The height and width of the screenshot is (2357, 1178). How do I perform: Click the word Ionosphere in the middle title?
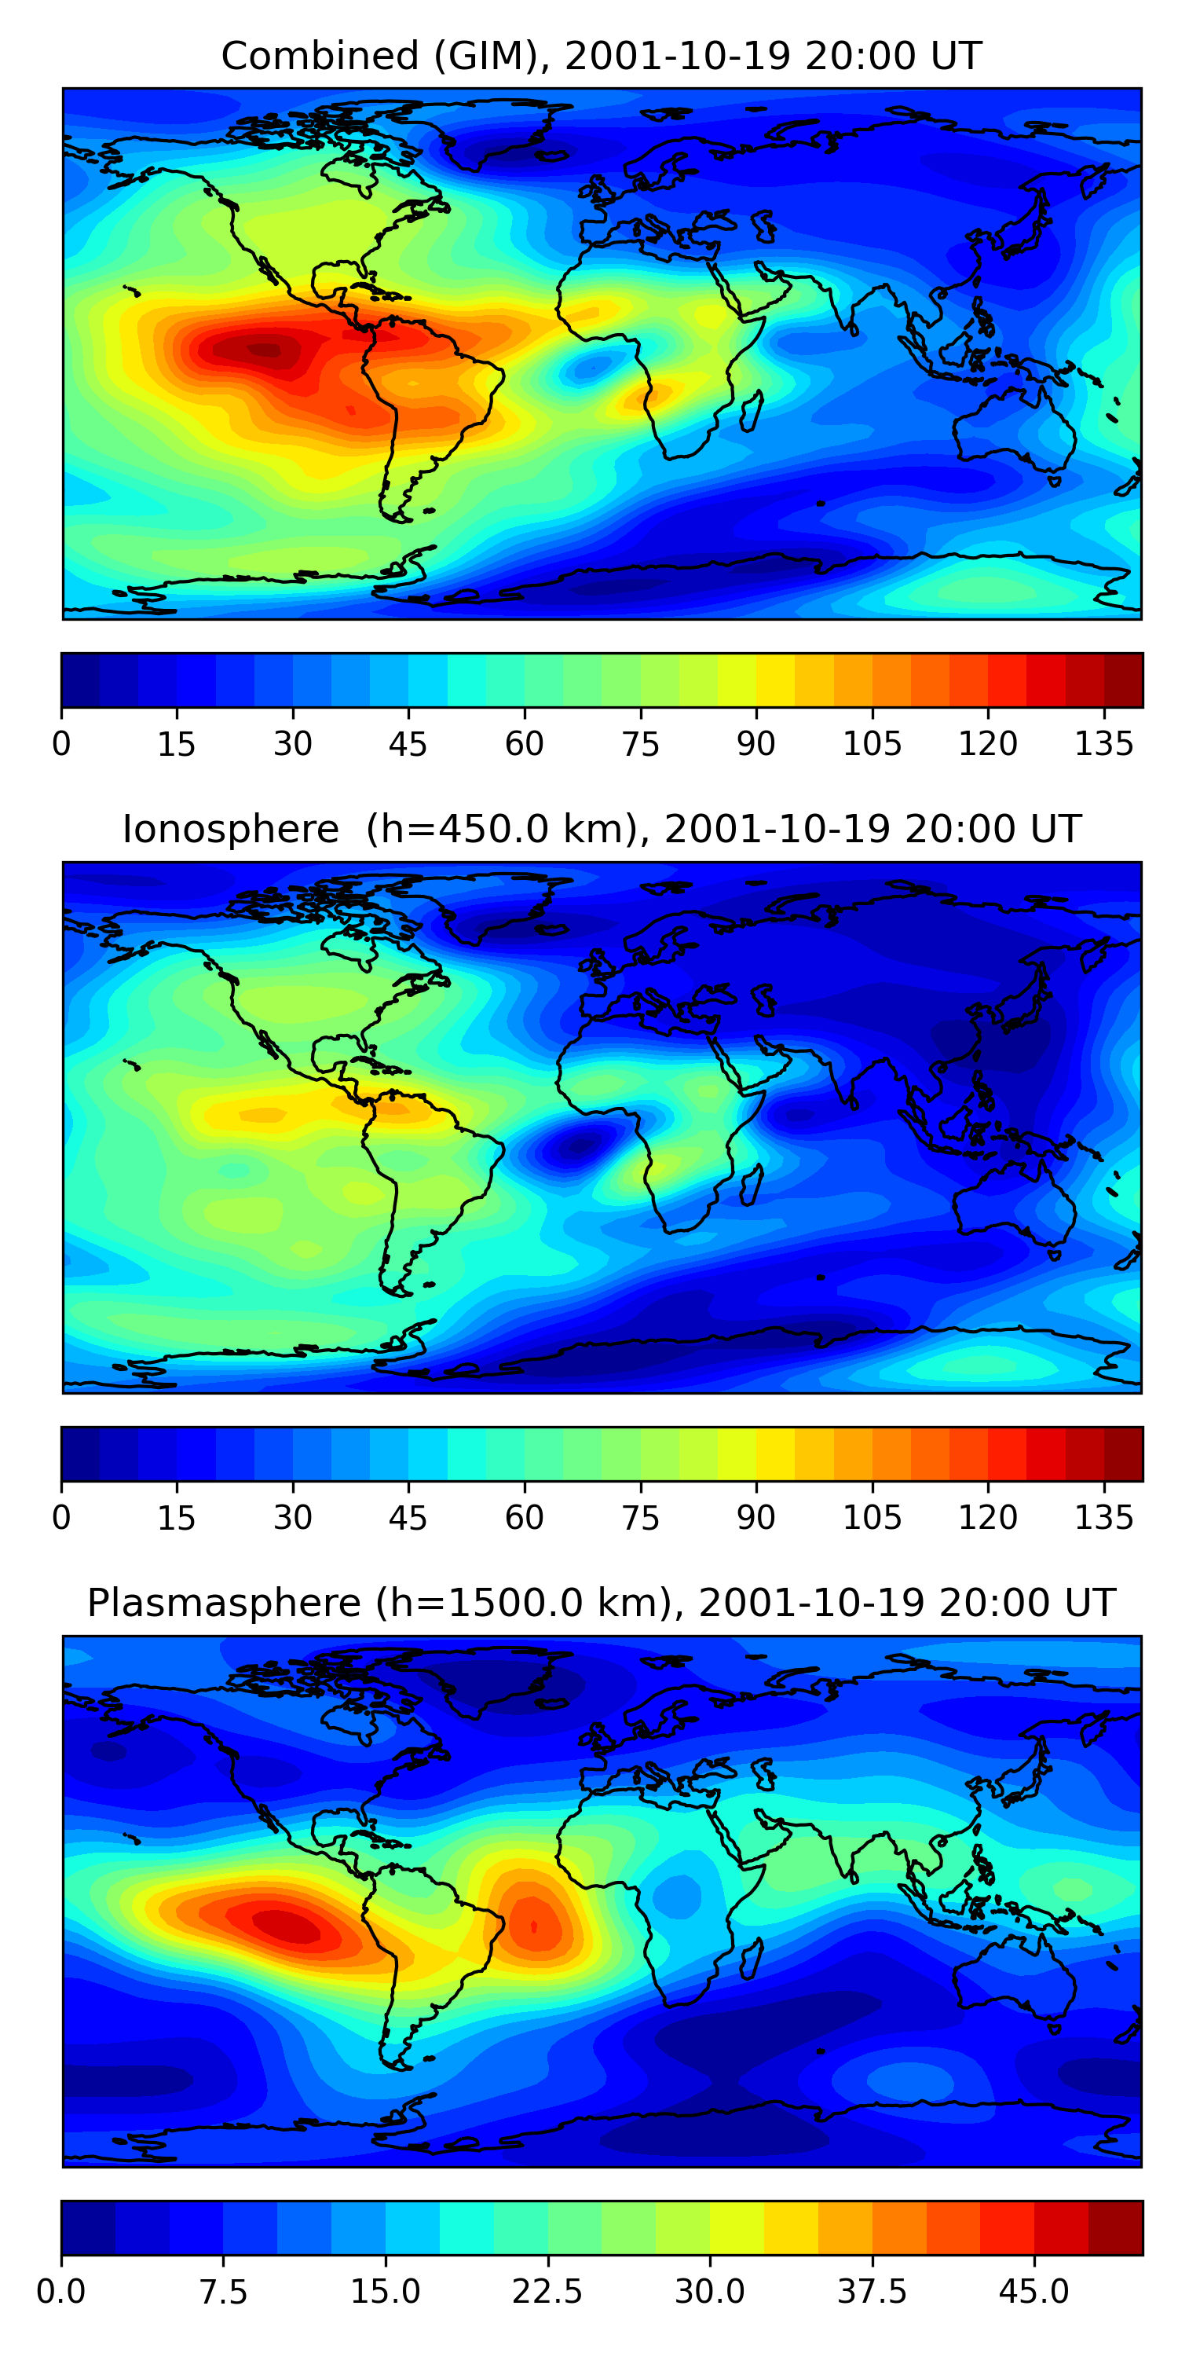coord(230,830)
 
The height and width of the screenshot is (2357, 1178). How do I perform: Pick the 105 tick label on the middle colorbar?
coord(872,1518)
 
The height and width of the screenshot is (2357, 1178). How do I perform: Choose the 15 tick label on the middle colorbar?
coord(177,1518)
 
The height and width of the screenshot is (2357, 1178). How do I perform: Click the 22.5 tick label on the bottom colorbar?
coord(547,2292)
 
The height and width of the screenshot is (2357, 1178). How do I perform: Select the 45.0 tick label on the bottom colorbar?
coord(1033,2292)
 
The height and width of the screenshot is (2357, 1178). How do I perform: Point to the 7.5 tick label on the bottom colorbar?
coord(223,2292)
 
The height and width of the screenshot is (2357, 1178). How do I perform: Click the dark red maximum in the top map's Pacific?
coord(263,349)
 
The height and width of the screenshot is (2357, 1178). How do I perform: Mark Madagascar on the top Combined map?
coord(752,411)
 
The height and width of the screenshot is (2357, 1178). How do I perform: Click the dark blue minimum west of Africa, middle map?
coord(574,1146)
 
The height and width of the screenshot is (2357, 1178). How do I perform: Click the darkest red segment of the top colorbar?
coord(1123,680)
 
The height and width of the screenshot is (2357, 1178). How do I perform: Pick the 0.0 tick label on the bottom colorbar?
coord(61,2292)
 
